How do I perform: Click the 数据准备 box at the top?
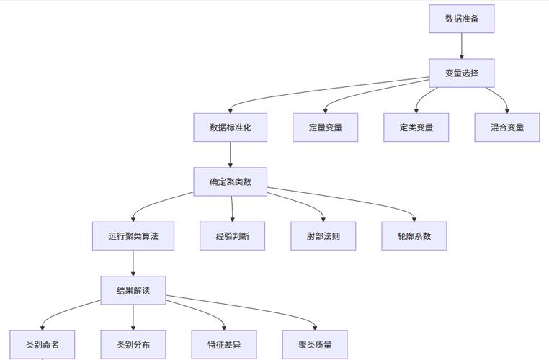click(x=461, y=19)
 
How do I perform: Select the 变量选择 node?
click(x=461, y=73)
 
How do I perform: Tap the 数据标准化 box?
click(x=230, y=127)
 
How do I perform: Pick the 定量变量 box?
click(x=325, y=127)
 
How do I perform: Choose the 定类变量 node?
click(x=416, y=127)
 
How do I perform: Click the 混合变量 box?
click(x=507, y=127)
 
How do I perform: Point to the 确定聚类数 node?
click(x=230, y=181)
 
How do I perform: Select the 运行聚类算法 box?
click(x=133, y=236)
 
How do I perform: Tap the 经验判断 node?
click(x=233, y=236)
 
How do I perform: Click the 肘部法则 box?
click(x=323, y=236)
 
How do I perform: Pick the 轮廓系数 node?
click(x=414, y=236)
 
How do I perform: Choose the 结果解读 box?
click(x=133, y=290)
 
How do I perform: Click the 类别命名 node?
click(x=42, y=345)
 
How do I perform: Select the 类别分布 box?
click(x=133, y=345)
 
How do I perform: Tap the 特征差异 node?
click(x=224, y=345)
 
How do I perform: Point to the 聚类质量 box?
click(x=315, y=345)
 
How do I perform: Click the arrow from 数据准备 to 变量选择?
click(x=461, y=46)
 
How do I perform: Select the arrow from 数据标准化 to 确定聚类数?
click(x=230, y=154)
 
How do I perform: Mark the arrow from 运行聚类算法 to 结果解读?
click(x=133, y=263)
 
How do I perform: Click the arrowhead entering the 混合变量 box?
click(x=506, y=110)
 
